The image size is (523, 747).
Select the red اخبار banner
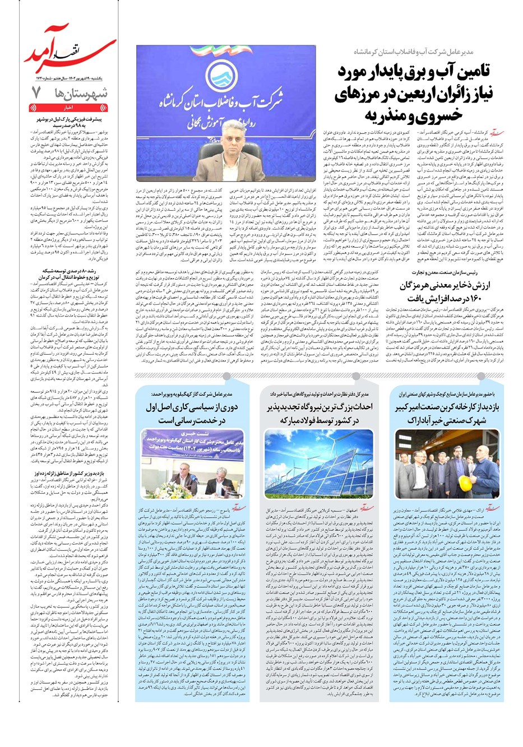(x=68, y=108)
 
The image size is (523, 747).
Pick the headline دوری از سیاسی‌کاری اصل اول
(x=193, y=414)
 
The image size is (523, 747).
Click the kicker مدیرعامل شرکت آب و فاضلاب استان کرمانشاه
(x=436, y=51)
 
